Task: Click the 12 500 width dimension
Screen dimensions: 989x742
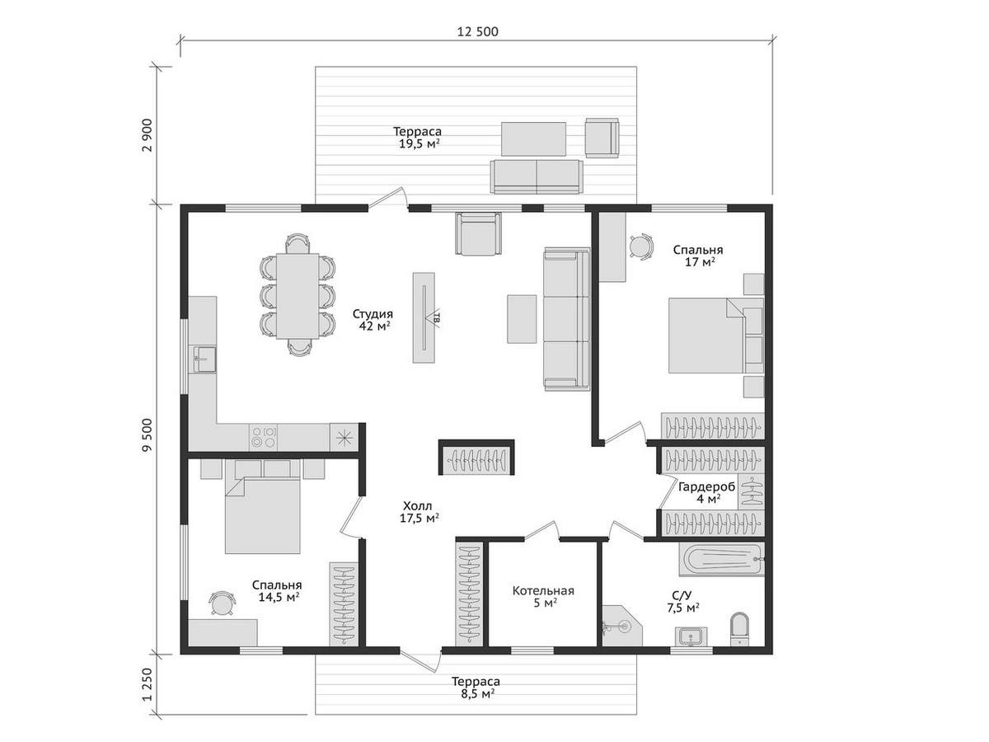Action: pyautogui.click(x=477, y=32)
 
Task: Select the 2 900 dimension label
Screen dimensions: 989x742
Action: pyautogui.click(x=147, y=135)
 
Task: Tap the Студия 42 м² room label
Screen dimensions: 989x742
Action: pyautogui.click(x=373, y=319)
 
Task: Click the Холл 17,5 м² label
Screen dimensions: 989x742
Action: pyautogui.click(x=419, y=512)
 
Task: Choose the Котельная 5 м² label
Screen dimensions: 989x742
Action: pyautogui.click(x=543, y=596)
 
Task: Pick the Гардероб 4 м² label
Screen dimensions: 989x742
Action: pyautogui.click(x=707, y=492)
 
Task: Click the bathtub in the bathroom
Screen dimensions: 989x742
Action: pyautogui.click(x=722, y=560)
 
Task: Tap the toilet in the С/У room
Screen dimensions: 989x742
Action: pyautogui.click(x=739, y=628)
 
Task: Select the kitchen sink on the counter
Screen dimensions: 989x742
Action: pyautogui.click(x=205, y=359)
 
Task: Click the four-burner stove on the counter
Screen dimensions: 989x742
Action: pyautogui.click(x=263, y=437)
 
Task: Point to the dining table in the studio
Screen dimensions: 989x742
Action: pyautogui.click(x=298, y=296)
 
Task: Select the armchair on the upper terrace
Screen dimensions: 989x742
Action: pyautogui.click(x=602, y=138)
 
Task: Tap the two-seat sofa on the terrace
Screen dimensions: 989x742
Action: pyautogui.click(x=537, y=176)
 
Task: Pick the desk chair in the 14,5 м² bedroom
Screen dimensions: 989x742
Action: pyautogui.click(x=221, y=603)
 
